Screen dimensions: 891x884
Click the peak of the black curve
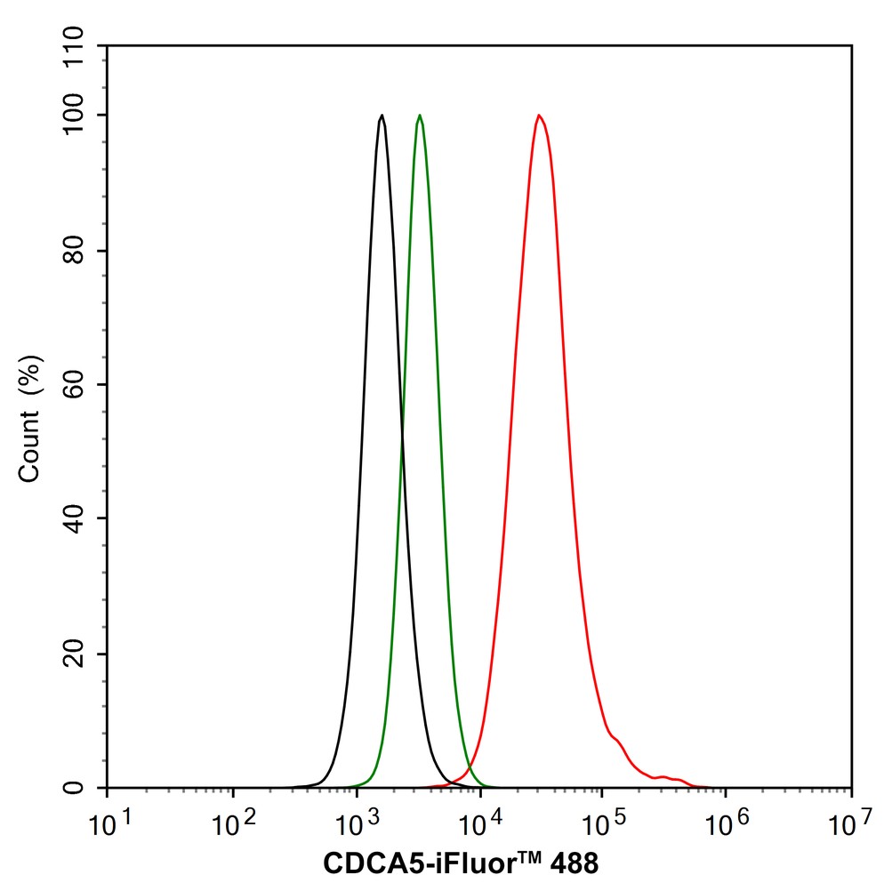tap(382, 116)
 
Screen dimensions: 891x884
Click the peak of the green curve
tap(420, 116)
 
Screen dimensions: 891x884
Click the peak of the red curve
tap(539, 116)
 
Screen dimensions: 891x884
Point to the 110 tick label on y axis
tap(81, 45)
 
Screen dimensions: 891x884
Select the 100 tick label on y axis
tap(81, 116)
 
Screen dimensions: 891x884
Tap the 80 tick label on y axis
tap(81, 251)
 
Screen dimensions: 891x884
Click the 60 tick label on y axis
tap(81, 385)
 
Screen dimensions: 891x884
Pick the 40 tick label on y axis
tap(81, 518)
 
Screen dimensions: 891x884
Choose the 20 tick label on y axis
tap(81, 654)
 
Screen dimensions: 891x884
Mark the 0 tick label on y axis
tap(81, 788)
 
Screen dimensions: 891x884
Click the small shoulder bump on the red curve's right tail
tap(615, 737)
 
